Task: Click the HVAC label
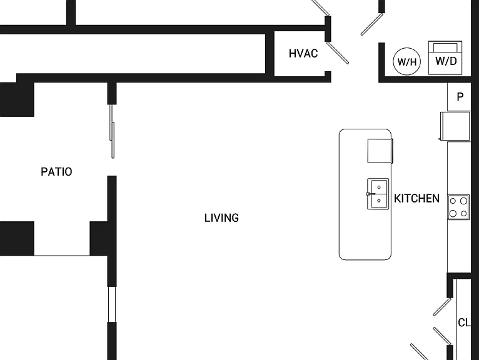point(303,53)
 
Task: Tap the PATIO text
point(56,172)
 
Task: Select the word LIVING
point(221,217)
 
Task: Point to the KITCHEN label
point(416,199)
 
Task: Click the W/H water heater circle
point(406,61)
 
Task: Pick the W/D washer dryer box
point(445,57)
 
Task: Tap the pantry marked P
point(459,97)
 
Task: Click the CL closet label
point(464,322)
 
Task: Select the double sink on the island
point(378,194)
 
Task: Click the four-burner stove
point(458,207)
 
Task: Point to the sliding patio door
point(112,131)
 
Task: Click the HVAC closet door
point(338,53)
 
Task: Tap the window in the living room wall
point(112,304)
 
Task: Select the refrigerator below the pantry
point(455,126)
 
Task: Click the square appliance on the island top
point(380,151)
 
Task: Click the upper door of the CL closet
point(442,307)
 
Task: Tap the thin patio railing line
point(62,255)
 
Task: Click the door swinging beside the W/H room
point(372,24)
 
